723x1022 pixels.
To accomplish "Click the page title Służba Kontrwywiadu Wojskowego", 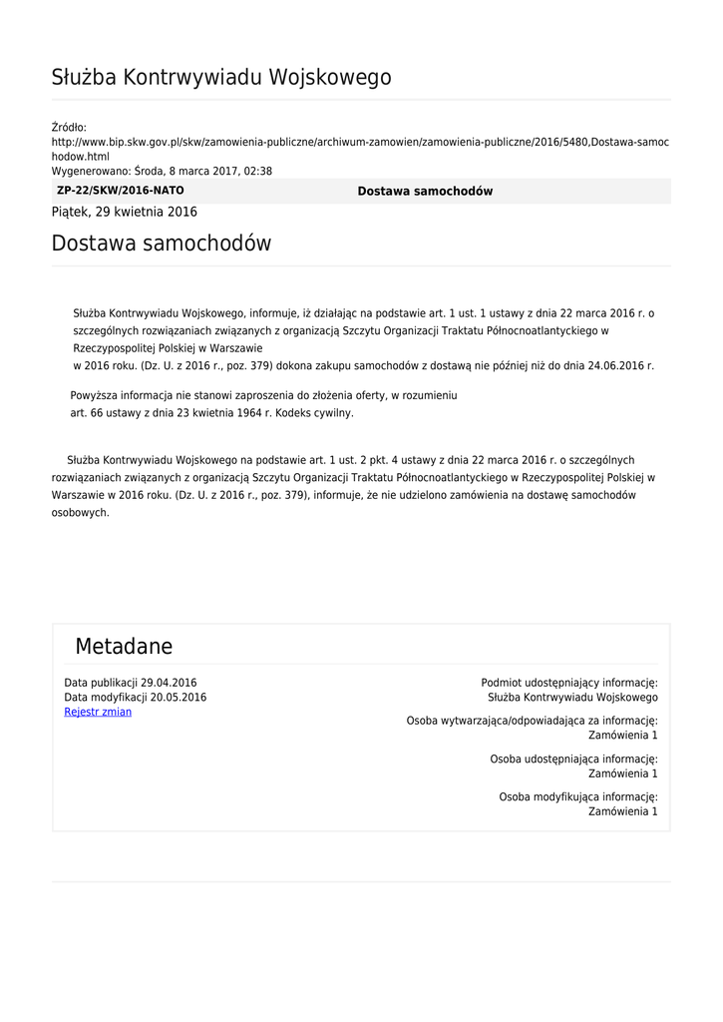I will click(x=220, y=78).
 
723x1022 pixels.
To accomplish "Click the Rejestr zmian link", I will click(x=98, y=712).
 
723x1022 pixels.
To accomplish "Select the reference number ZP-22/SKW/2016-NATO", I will click(x=121, y=191).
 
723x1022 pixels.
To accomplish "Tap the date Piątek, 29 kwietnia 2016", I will click(x=124, y=212).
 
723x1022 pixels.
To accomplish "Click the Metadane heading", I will click(x=124, y=647).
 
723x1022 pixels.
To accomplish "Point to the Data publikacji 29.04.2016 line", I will click(x=131, y=683).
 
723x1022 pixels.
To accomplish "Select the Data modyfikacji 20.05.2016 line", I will click(x=136, y=698).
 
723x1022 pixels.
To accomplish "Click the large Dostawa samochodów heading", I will click(x=161, y=244).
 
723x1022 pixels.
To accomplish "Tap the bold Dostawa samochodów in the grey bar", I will click(x=425, y=192).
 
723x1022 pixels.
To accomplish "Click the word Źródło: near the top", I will click(x=69, y=127).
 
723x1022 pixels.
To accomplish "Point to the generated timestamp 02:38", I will click(x=258, y=171).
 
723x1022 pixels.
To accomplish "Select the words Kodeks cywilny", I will click(x=319, y=412).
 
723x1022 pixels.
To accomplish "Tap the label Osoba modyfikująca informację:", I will click(x=577, y=796).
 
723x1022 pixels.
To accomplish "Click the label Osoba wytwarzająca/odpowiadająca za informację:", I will click(x=532, y=721).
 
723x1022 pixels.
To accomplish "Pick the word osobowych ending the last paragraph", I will click(x=80, y=513).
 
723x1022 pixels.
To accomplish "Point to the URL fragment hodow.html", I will click(x=80, y=157).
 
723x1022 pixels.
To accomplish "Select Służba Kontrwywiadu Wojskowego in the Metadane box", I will click(x=572, y=698).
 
